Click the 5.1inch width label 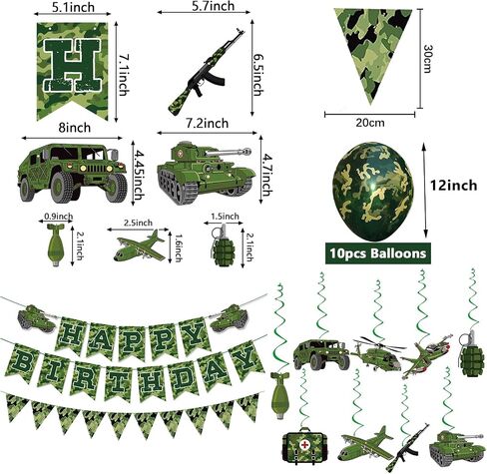click(73, 7)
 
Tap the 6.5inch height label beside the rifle click(257, 75)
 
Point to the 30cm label click(427, 58)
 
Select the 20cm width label click(370, 123)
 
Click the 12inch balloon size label click(453, 186)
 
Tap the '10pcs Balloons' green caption click(378, 253)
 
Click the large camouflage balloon click(372, 192)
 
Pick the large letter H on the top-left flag click(73, 65)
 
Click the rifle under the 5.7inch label click(207, 72)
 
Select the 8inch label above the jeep click(75, 128)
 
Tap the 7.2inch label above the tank click(207, 124)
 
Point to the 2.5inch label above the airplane click(138, 223)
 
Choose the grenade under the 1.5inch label click(223, 246)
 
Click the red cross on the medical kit click(304, 444)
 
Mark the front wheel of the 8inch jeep click(63, 188)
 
